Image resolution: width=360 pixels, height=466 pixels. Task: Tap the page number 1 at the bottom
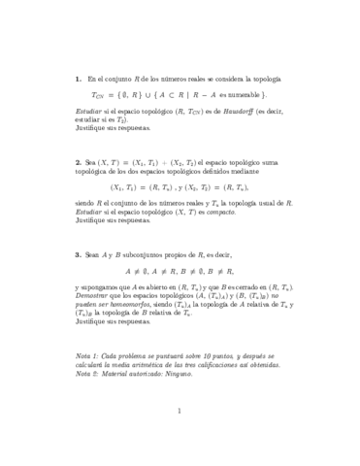click(x=180, y=438)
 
